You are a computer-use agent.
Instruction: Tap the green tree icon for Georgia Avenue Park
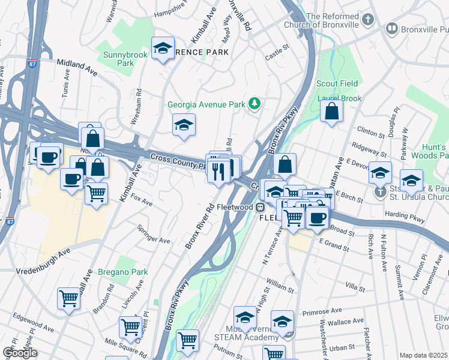(255, 104)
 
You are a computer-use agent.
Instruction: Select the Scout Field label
(337, 83)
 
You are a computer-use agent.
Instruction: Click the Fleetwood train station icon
(260, 207)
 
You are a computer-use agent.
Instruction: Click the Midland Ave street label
(77, 67)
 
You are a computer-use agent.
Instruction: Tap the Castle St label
(277, 55)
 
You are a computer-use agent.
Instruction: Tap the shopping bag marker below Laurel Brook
(331, 111)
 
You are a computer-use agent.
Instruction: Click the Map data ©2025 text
(423, 355)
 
